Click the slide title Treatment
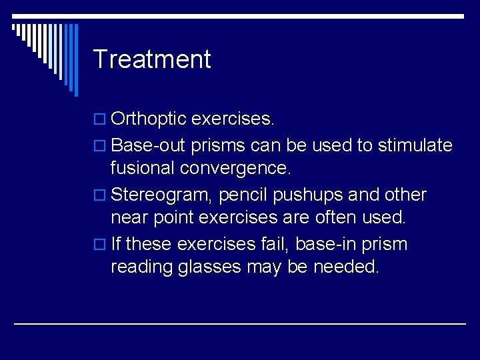click(x=152, y=59)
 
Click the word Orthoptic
click(x=148, y=119)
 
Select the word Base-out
click(x=148, y=145)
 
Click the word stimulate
click(x=415, y=145)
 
